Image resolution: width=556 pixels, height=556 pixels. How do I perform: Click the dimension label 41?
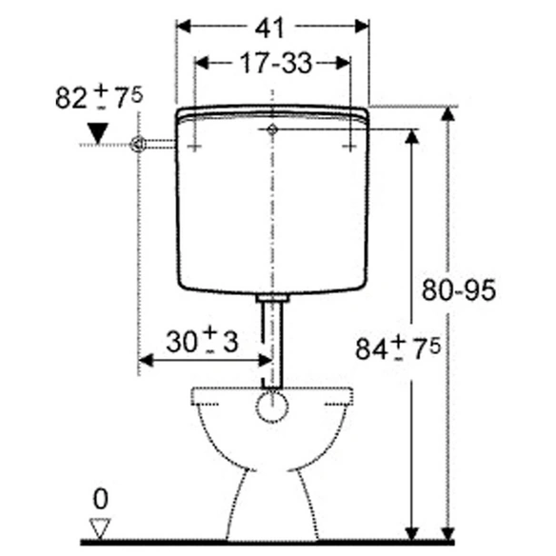[269, 28]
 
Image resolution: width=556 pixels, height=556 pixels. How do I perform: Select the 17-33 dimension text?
[276, 63]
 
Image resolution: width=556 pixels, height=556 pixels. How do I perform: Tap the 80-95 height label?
[459, 290]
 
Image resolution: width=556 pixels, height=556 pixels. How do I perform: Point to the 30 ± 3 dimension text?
[202, 340]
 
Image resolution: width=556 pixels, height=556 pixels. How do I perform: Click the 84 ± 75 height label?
[398, 348]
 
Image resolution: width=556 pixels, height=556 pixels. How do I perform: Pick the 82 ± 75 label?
[99, 97]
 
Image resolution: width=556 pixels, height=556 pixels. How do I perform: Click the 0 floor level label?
[100, 499]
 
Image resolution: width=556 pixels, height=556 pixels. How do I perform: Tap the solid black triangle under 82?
[97, 133]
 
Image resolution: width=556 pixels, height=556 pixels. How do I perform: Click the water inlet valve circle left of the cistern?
[138, 145]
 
